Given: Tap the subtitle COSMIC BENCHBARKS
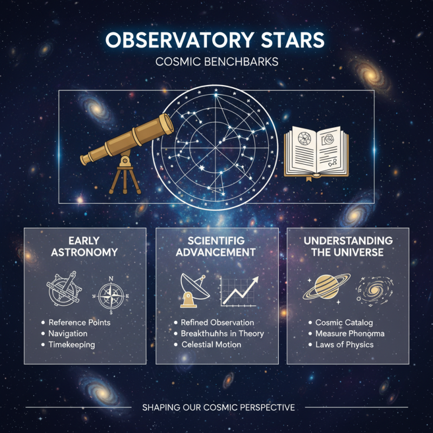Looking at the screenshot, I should (216, 62).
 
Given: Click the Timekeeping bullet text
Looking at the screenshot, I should (71, 345).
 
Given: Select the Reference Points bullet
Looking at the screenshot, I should (79, 323).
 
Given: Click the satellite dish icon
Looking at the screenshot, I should (193, 289).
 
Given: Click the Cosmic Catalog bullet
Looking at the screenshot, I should (344, 323).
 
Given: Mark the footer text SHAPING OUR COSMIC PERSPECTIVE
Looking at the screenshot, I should (219, 407).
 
